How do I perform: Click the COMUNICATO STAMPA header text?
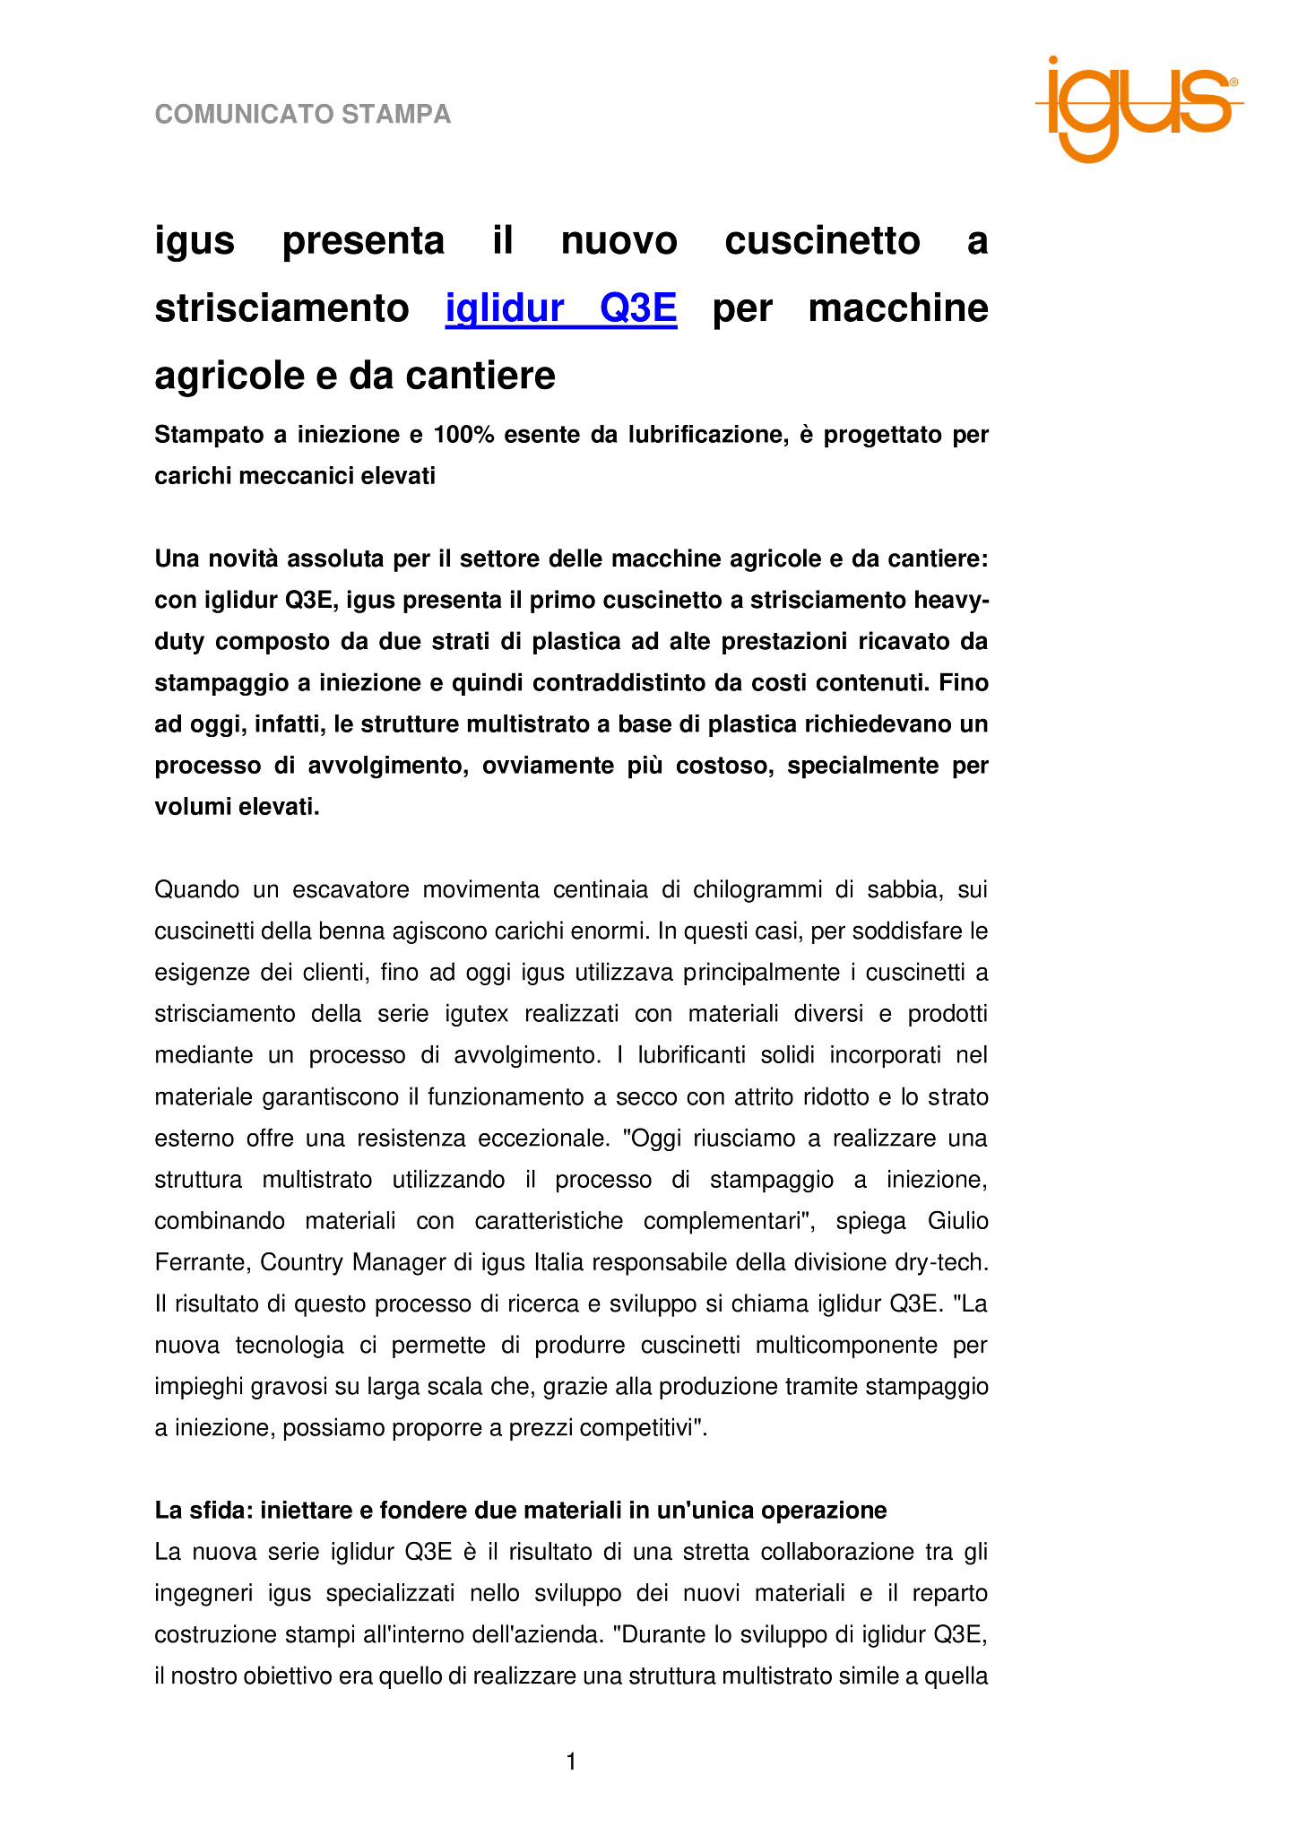pos(303,115)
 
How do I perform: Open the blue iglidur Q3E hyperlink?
pos(561,308)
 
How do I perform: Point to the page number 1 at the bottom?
pos(571,1762)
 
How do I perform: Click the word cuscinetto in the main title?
pos(822,241)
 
